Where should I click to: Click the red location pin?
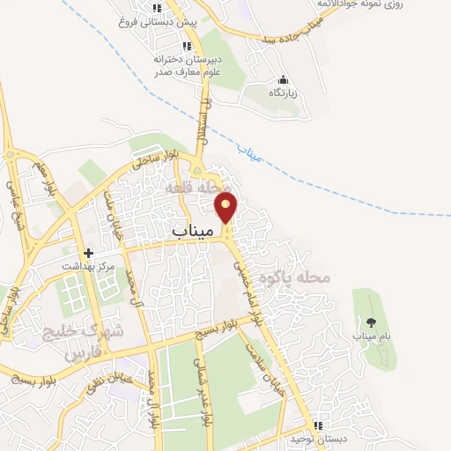click(x=227, y=206)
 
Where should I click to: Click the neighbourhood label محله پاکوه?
click(x=300, y=277)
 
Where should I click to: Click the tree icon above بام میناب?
click(x=370, y=322)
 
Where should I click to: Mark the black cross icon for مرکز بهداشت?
click(x=87, y=252)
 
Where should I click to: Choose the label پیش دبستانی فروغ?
click(x=158, y=20)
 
